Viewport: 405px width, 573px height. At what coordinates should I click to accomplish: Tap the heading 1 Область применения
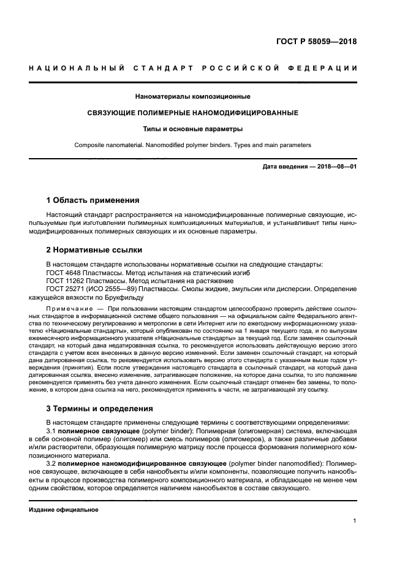click(x=93, y=200)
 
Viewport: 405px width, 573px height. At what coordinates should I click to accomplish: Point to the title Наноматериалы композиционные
click(x=192, y=97)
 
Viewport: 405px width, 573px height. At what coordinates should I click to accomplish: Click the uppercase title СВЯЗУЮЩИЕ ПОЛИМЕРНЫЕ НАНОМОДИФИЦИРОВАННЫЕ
click(x=192, y=113)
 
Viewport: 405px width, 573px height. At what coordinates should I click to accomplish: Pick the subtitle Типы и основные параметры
click(x=192, y=129)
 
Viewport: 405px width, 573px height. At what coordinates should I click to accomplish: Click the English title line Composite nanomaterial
click(x=192, y=145)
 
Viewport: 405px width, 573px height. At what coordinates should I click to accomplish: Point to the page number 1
click(x=355, y=522)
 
